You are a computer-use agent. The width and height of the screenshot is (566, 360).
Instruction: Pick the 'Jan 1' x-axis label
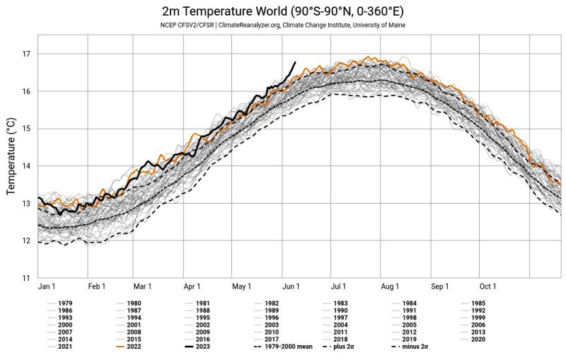(46, 286)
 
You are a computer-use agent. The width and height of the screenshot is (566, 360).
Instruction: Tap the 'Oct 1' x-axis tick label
(487, 286)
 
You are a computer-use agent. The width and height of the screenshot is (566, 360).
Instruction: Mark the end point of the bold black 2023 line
(295, 62)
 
